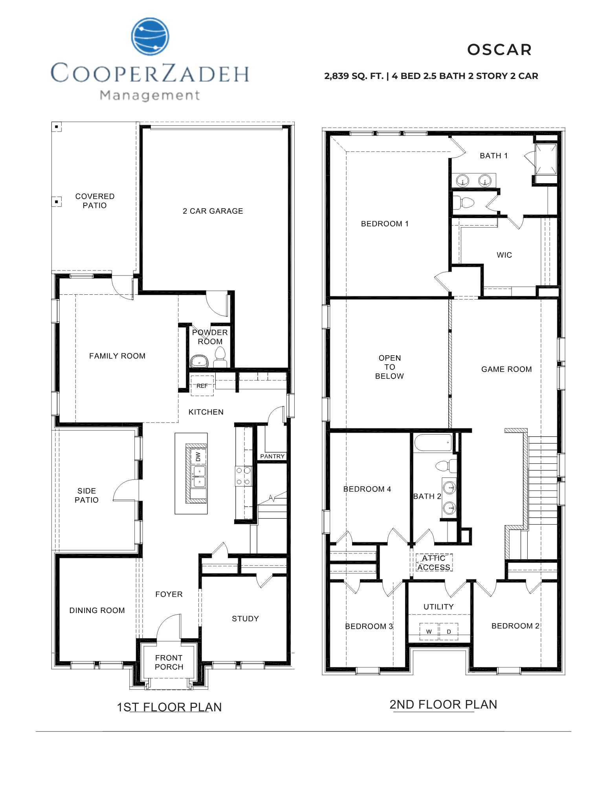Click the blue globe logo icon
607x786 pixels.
[x=150, y=36]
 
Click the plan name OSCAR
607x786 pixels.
[x=499, y=50]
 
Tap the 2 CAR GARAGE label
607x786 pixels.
[x=213, y=211]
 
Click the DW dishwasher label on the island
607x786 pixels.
[x=198, y=456]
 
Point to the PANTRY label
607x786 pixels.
[x=272, y=456]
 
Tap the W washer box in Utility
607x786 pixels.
[x=429, y=632]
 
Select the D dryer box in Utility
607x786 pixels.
[x=449, y=632]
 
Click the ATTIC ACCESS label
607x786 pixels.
[x=434, y=563]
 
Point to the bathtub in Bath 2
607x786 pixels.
[x=433, y=443]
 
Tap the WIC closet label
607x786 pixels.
[x=504, y=255]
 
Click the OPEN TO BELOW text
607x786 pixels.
[x=389, y=367]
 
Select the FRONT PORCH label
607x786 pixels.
[x=169, y=662]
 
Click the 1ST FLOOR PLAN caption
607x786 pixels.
[x=169, y=707]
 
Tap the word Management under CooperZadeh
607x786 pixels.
[x=150, y=95]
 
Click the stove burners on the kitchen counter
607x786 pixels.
[x=243, y=476]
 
